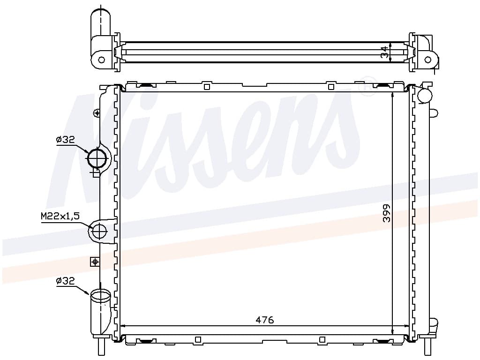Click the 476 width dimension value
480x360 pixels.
coord(264,320)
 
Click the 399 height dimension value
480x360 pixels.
coord(387,213)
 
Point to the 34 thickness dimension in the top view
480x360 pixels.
coord(385,52)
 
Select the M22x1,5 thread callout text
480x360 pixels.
coord(60,217)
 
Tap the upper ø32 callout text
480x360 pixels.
coord(65,140)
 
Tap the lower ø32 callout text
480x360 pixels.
coord(65,280)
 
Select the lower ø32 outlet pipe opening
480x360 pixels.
coord(100,295)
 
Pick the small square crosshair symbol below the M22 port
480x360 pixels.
coord(95,262)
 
